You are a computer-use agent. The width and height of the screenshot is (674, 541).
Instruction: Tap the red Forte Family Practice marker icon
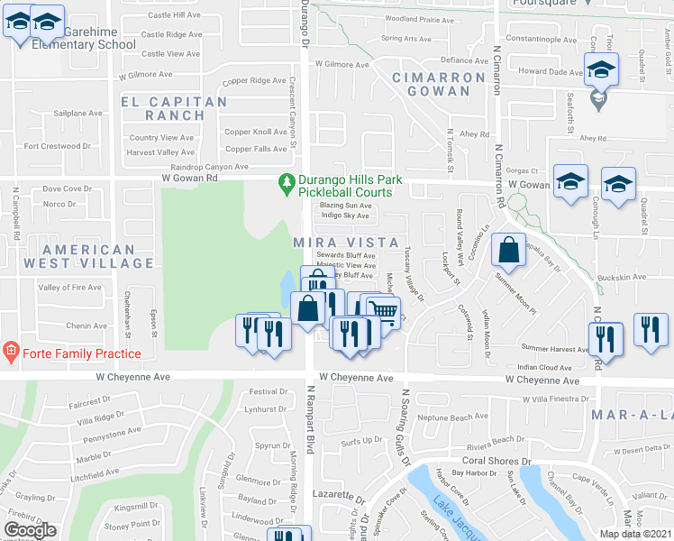coord(10,350)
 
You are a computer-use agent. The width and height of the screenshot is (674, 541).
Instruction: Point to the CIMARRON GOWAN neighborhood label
coord(431,84)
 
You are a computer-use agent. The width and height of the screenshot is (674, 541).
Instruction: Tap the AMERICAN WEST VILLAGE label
coord(88,256)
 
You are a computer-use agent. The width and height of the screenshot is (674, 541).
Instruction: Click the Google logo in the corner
coord(30,529)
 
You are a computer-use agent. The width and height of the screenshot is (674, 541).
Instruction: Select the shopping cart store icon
coord(385,312)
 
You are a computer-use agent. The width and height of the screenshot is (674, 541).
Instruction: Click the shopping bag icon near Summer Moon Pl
coord(509,249)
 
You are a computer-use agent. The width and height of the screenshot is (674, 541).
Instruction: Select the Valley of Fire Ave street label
coord(69,287)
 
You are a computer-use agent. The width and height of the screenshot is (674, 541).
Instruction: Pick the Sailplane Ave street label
coord(77,114)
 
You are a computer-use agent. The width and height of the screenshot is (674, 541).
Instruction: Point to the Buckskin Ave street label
coord(626,277)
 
